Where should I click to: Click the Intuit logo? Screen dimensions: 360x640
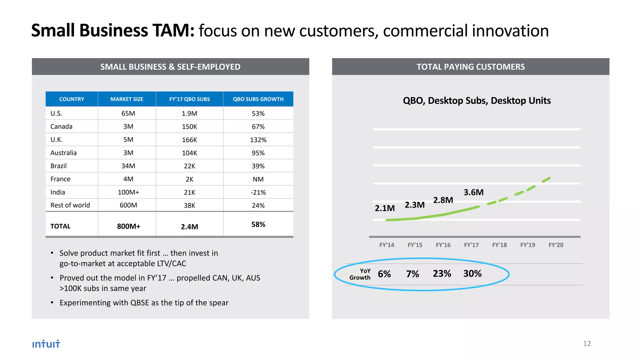[46, 344]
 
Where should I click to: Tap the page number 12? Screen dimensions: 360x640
[587, 343]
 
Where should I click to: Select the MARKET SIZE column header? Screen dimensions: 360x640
[127, 99]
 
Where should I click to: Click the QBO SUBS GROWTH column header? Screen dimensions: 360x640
[258, 99]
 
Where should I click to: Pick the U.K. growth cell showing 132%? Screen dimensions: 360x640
[258, 140]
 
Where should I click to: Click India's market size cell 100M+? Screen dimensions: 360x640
[128, 192]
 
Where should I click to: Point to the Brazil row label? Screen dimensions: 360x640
[58, 166]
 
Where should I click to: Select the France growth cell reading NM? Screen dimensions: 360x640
[258, 179]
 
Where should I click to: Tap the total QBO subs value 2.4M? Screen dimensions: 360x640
[189, 227]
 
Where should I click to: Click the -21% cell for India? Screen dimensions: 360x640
[258, 192]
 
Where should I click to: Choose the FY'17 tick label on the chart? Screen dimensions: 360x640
[471, 245]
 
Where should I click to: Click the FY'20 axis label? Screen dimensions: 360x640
[556, 245]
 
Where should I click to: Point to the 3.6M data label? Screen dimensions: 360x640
[473, 192]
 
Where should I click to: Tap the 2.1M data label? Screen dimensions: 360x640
[384, 208]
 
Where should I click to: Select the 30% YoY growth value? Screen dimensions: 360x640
[472, 273]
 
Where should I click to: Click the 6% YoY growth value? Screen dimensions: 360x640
[384, 274]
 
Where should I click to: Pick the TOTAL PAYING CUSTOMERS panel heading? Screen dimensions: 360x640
[470, 67]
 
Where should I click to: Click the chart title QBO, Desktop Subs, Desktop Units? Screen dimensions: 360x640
[477, 101]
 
